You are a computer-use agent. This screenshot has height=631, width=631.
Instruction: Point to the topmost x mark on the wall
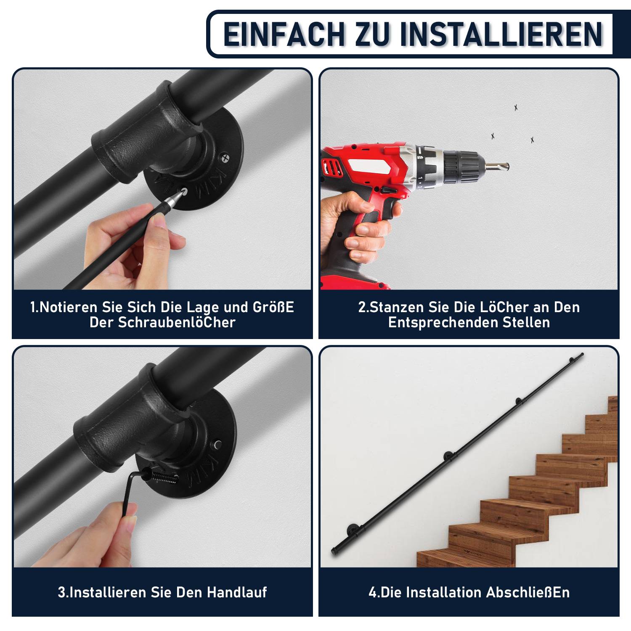coord(516,108)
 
